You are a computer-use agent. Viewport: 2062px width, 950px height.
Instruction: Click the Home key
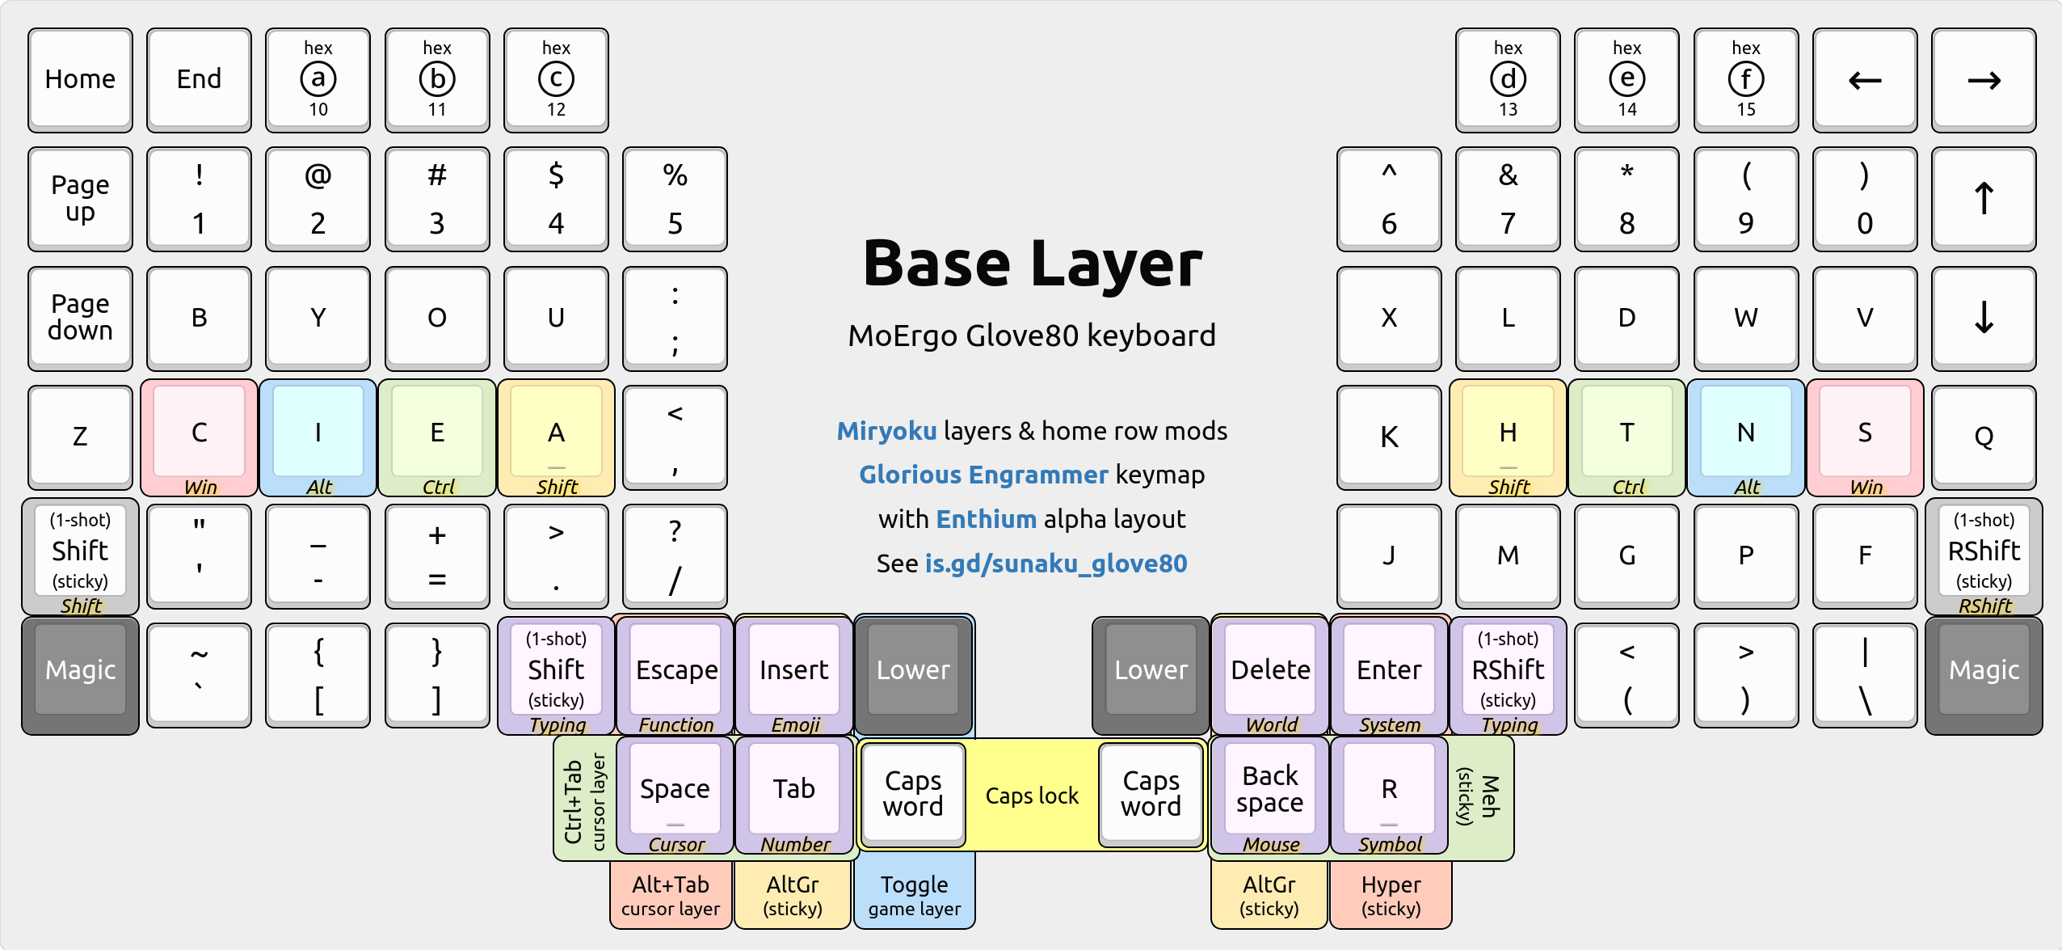point(80,79)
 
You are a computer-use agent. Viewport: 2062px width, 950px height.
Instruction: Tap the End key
point(199,79)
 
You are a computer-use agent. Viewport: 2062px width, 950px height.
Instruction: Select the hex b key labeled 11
point(437,79)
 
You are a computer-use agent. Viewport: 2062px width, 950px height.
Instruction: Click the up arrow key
point(1984,199)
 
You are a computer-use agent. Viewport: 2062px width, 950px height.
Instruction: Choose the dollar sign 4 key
point(556,199)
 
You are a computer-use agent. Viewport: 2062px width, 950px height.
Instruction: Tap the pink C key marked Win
point(199,437)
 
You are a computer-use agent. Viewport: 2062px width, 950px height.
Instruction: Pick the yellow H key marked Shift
point(1508,437)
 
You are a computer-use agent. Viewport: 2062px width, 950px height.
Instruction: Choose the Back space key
point(1270,794)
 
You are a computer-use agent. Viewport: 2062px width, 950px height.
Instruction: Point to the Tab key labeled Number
point(794,794)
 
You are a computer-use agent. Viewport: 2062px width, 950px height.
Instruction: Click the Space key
point(675,794)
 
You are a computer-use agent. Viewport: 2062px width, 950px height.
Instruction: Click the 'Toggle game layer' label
point(915,896)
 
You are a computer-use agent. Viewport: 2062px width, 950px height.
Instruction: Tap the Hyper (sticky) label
point(1391,896)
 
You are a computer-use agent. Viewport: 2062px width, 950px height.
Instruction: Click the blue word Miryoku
point(886,431)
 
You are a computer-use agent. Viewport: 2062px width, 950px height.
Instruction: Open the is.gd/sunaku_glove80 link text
point(1056,564)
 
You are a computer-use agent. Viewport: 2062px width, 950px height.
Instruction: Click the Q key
point(1984,437)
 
